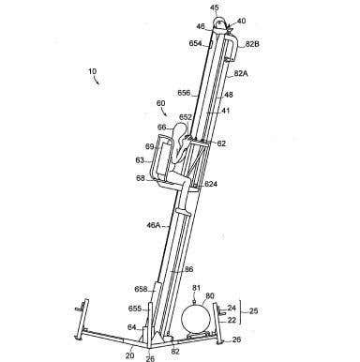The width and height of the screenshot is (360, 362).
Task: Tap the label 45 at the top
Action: (215, 8)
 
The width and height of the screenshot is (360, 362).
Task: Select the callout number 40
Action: (242, 20)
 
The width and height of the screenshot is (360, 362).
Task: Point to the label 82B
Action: (252, 44)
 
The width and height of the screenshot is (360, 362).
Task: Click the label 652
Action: (187, 117)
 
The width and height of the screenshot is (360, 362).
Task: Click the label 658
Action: (141, 290)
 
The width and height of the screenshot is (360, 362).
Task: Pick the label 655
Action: (135, 307)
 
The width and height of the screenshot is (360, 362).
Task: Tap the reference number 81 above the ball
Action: (196, 289)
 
